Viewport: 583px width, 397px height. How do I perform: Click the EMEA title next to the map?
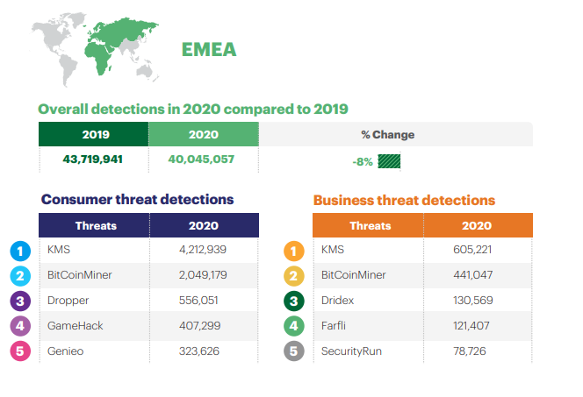209,49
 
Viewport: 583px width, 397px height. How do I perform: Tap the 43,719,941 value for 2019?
94,160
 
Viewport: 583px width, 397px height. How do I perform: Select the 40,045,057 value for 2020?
204,160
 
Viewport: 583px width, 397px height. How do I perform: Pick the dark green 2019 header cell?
94,135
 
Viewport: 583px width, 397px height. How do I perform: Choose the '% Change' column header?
387,135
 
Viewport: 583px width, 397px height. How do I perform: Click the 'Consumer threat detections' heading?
138,199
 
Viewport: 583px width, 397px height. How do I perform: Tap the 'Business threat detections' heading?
404,200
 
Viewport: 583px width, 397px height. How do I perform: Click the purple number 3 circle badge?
20,301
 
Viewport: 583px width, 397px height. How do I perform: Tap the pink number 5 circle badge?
20,351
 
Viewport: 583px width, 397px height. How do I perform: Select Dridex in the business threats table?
338,300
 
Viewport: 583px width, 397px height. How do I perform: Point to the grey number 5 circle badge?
294,351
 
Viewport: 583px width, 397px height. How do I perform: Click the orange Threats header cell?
369,225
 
